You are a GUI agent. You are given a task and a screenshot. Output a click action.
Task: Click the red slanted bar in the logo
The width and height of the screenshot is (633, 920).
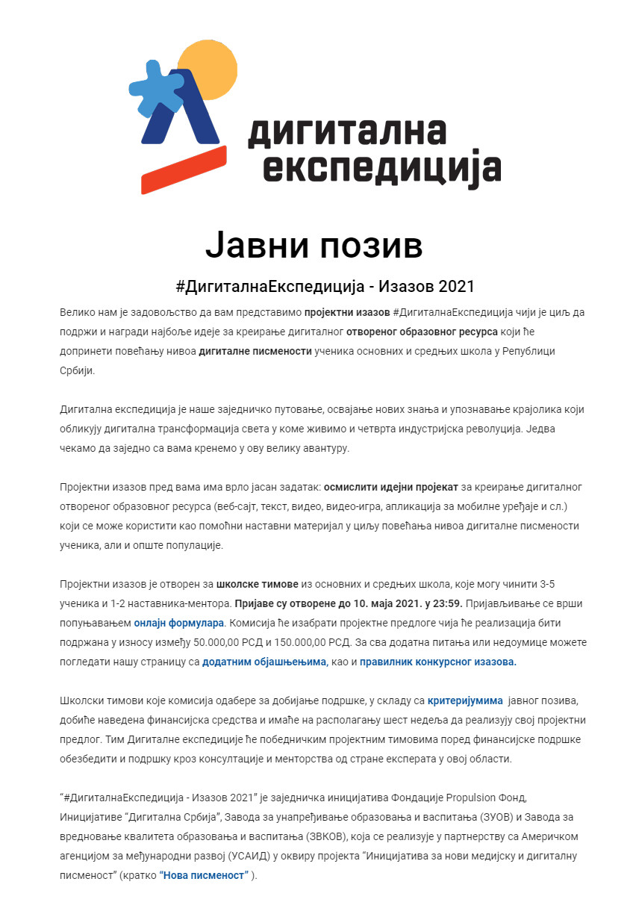[184, 170]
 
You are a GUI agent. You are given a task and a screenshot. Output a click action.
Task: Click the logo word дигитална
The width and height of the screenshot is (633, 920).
[346, 131]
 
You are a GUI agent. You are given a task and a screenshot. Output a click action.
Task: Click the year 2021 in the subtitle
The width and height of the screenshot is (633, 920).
[456, 286]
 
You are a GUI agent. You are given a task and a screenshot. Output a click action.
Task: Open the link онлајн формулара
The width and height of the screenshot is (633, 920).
[179, 621]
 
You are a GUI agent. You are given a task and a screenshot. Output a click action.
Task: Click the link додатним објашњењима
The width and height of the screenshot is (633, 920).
[264, 661]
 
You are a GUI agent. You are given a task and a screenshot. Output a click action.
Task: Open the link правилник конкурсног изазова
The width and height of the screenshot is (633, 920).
[437, 661]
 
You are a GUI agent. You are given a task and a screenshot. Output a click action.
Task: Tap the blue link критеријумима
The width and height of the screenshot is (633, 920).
[465, 700]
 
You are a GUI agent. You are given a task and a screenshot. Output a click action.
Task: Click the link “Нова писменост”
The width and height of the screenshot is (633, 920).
[203, 874]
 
